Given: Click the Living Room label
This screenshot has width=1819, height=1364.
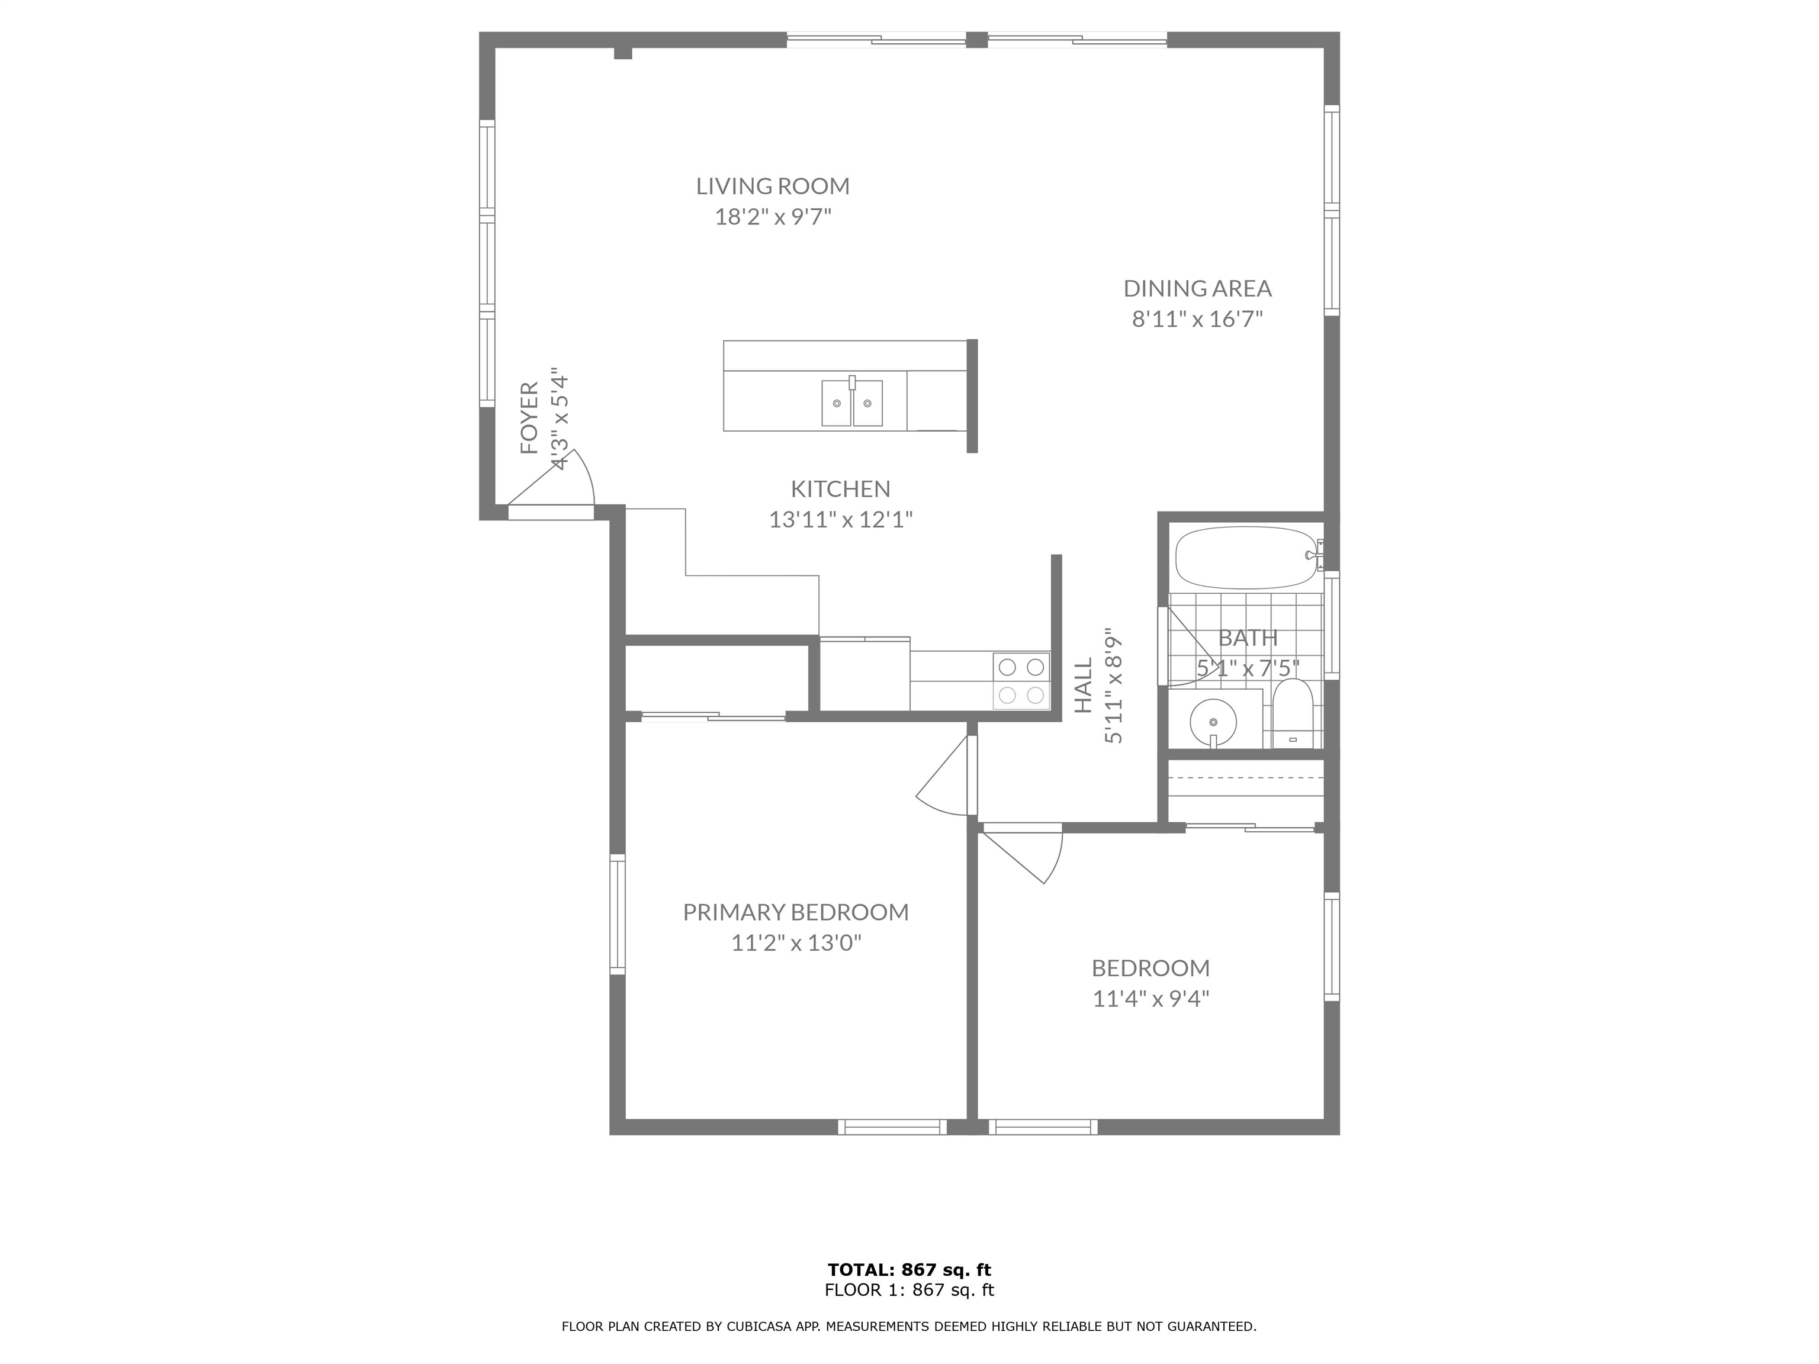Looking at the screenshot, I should click(x=772, y=186).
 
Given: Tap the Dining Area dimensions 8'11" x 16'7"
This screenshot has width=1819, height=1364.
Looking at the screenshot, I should click(x=1197, y=319).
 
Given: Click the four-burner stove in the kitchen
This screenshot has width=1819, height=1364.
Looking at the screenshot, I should click(x=1022, y=681).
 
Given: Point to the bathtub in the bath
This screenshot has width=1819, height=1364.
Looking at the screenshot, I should click(x=1244, y=558).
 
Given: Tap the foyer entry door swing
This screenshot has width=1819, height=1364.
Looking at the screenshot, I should click(x=559, y=485).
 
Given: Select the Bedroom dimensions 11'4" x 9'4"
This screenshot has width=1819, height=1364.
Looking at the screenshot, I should click(x=1150, y=999).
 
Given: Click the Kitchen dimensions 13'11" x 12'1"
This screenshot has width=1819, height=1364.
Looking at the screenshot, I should click(x=840, y=520).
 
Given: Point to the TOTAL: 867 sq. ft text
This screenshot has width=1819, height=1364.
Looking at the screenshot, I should click(x=909, y=1270).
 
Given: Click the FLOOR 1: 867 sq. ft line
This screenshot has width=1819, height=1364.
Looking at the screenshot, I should click(x=909, y=1290).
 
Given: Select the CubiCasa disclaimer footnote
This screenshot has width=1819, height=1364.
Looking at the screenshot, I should click(x=909, y=1326).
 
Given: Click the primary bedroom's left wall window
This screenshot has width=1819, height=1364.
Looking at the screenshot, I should click(x=617, y=914).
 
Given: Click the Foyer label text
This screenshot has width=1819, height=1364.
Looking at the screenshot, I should click(x=529, y=418).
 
